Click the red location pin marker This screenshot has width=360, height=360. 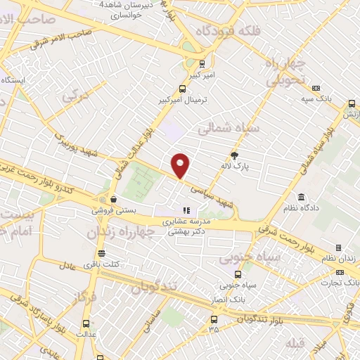click(x=181, y=165)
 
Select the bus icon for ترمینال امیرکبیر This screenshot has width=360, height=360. click(x=182, y=89)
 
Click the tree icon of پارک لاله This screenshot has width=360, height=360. click(x=234, y=156)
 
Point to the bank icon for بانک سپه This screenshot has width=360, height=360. click(x=316, y=89)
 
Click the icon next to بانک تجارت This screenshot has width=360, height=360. click(x=336, y=272)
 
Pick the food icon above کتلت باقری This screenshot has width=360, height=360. click(x=102, y=252)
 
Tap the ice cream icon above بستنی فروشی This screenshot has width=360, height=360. click(x=103, y=198)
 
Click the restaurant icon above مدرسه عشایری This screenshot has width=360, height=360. click(x=186, y=210)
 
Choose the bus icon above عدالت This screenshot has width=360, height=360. click(x=86, y=324)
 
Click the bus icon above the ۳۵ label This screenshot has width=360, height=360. click(x=213, y=319)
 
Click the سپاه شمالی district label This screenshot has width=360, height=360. click(x=229, y=129)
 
